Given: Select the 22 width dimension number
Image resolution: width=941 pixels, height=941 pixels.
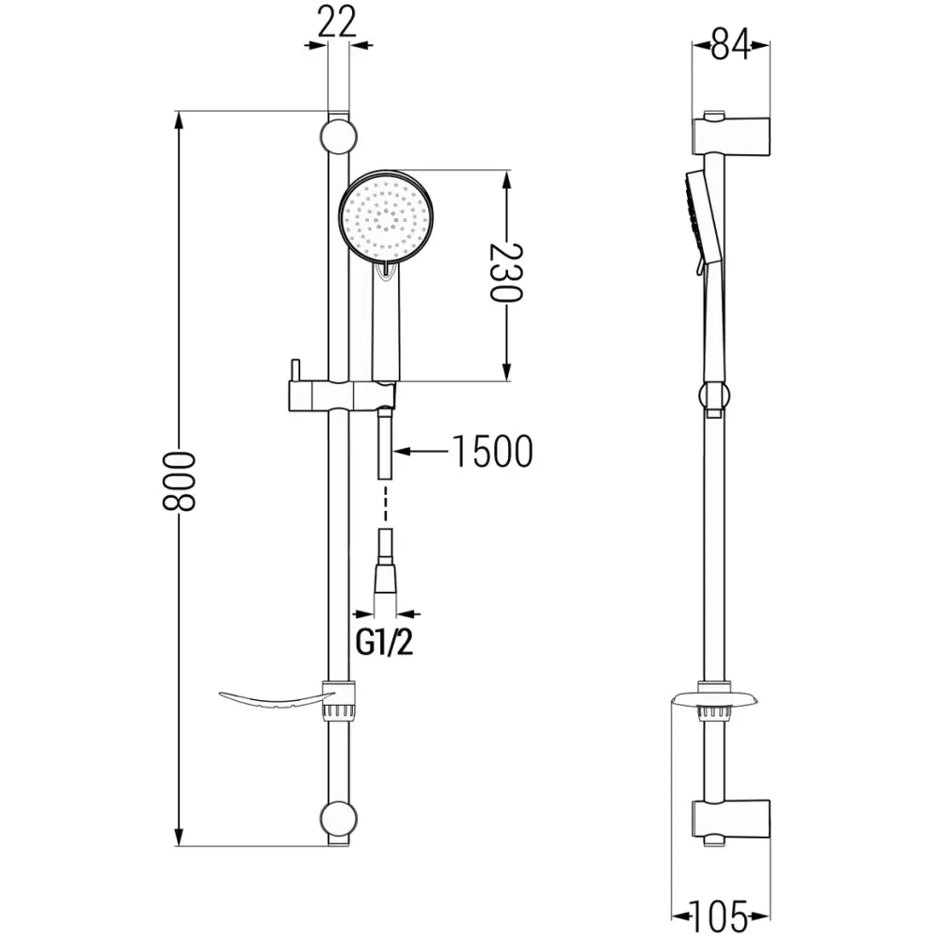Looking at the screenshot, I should [337, 21].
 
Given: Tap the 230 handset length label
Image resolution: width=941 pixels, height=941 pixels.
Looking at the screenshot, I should [506, 273].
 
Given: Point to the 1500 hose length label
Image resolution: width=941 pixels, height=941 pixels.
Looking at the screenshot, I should [491, 452].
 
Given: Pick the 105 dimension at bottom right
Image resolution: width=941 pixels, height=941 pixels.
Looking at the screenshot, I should [721, 914].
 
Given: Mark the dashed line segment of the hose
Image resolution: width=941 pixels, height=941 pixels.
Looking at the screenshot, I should [385, 504].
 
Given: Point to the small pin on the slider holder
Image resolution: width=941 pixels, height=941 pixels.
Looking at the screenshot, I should [294, 368].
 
